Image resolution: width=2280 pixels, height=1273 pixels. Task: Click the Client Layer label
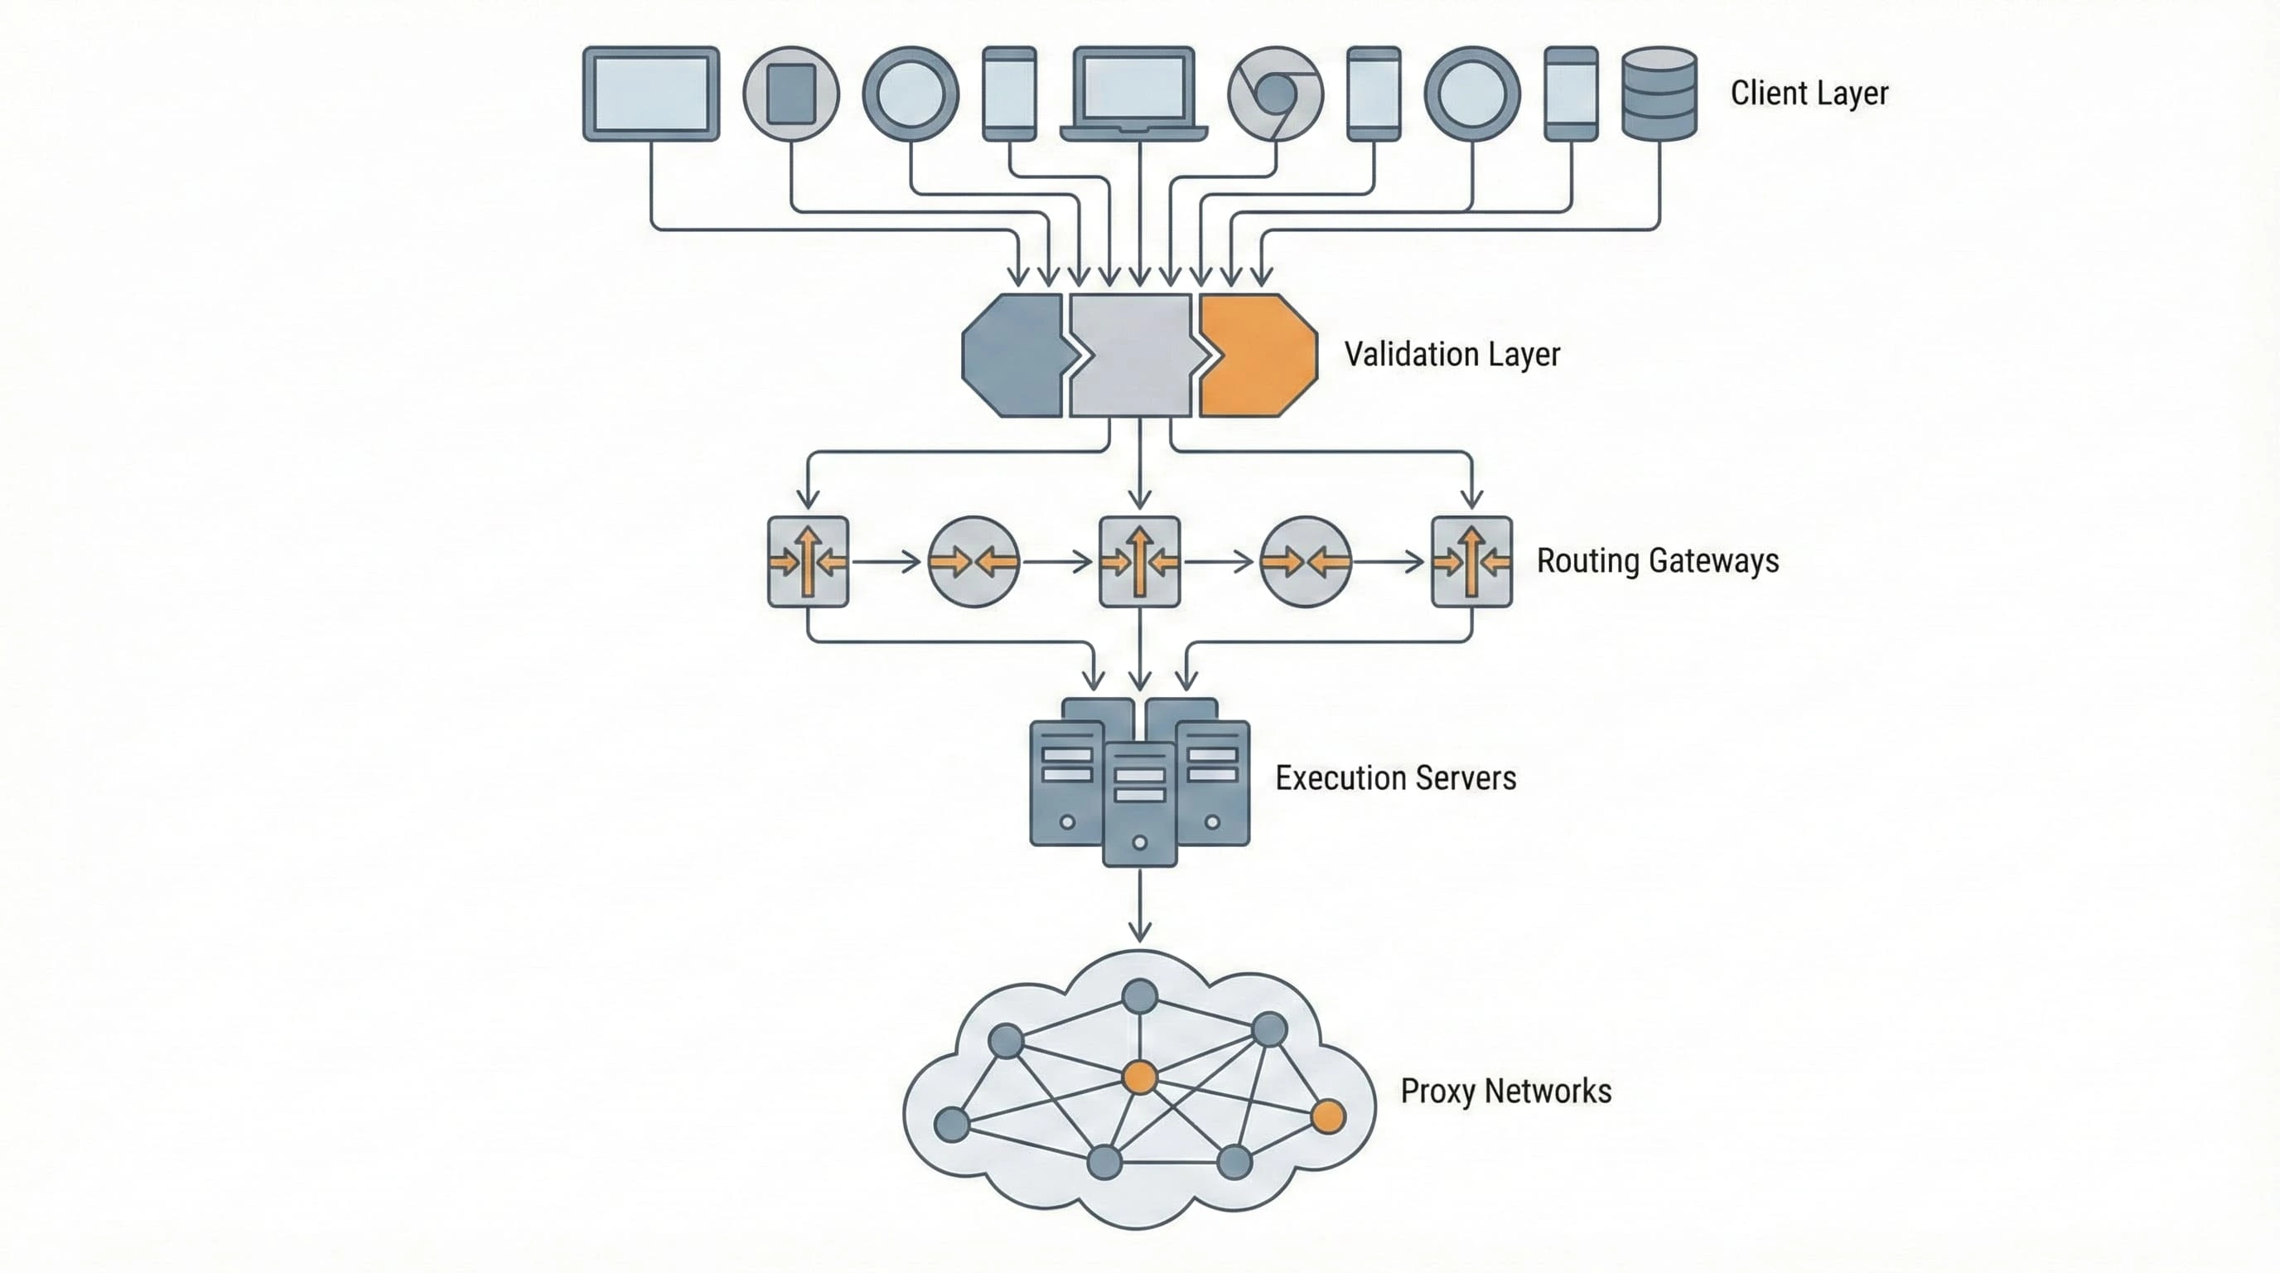tap(1809, 93)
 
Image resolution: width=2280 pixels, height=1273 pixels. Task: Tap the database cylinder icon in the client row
tap(1659, 94)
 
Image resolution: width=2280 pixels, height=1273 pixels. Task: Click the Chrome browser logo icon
tap(1275, 94)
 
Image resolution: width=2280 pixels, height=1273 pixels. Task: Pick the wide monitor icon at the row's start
tap(650, 94)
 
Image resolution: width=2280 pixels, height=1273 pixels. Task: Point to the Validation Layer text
tap(1452, 354)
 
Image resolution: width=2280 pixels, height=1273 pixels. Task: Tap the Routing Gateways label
tap(1657, 560)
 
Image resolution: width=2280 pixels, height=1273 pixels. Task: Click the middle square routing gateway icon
tap(1139, 561)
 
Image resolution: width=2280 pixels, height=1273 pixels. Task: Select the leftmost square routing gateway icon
tap(808, 561)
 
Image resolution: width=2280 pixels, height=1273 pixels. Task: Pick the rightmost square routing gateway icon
tap(1471, 561)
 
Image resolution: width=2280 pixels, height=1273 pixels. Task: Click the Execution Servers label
tap(1395, 778)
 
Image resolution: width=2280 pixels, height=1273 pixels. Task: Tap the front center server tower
tap(1139, 804)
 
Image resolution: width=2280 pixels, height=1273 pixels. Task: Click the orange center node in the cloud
tap(1139, 1077)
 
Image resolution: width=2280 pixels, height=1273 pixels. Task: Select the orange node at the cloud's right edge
tap(1327, 1116)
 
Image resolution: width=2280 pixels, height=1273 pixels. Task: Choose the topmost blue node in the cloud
tap(1139, 996)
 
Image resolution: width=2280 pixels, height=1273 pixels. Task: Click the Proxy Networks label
tap(1505, 1091)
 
